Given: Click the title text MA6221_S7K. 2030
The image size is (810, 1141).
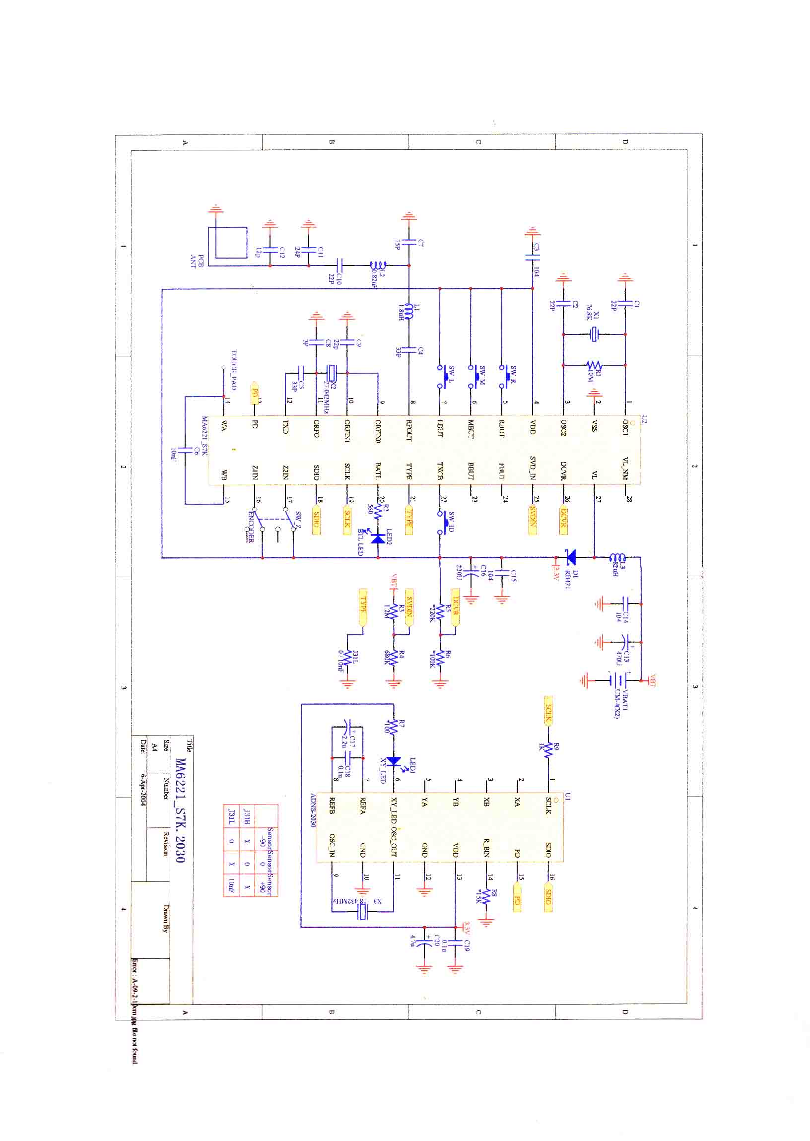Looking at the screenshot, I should click(x=181, y=810).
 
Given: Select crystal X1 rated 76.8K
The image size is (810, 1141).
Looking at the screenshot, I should click(x=594, y=334).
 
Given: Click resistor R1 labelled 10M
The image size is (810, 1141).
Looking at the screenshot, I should click(x=594, y=366).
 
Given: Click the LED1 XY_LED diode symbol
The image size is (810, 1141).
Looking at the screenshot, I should click(x=394, y=761).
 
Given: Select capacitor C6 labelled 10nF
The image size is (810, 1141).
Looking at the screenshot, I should click(x=185, y=449).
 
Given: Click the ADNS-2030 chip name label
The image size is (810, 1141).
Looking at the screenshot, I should click(x=313, y=810).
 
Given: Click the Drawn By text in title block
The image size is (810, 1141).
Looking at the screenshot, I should click(x=166, y=918).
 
